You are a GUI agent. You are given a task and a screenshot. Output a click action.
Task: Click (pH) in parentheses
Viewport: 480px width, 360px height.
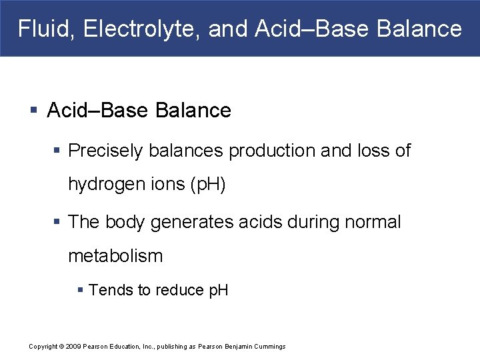208,185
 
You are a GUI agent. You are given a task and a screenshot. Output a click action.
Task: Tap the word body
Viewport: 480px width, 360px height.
126,222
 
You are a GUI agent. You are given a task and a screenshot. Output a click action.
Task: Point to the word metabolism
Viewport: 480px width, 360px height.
115,256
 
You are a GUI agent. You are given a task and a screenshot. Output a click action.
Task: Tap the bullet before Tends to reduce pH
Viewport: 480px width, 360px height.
81,290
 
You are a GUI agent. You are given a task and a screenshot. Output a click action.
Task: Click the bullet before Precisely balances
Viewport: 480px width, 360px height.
59,151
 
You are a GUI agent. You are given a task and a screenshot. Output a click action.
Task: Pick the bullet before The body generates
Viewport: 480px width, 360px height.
59,222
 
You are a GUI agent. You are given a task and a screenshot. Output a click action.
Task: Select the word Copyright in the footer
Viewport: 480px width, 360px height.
43,347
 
